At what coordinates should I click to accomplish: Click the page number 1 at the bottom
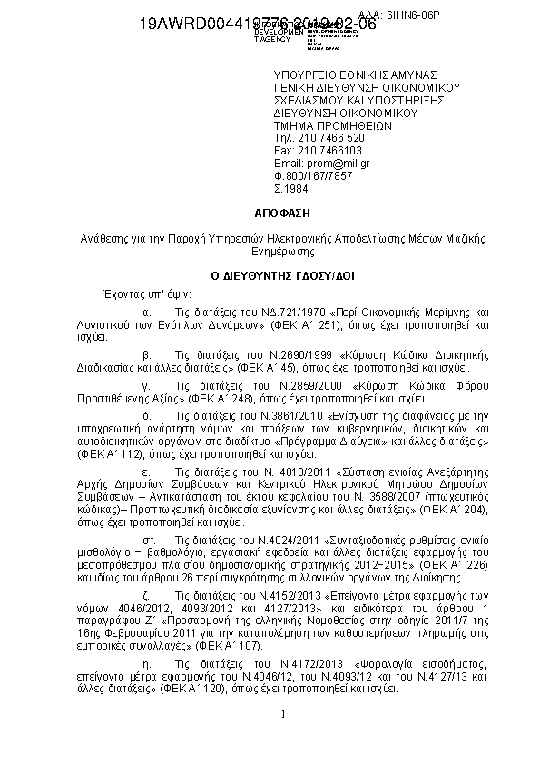click(283, 713)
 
